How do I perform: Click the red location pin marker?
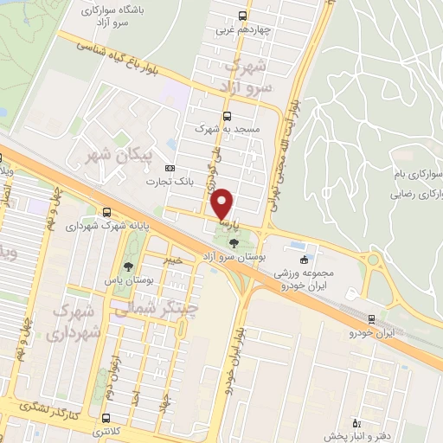click(222, 204)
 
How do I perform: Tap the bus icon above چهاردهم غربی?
click(241, 15)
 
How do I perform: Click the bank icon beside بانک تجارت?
click(170, 168)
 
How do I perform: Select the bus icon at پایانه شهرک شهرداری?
click(106, 211)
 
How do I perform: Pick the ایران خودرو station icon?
click(371, 318)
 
